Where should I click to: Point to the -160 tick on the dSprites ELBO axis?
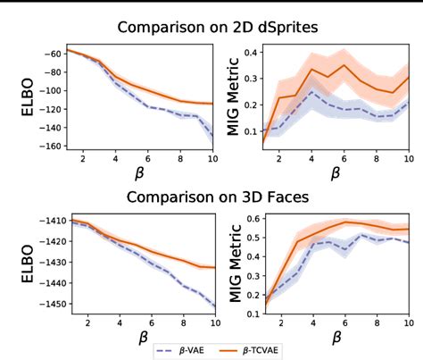pos(51,147)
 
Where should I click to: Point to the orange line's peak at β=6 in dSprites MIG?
pos(344,64)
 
